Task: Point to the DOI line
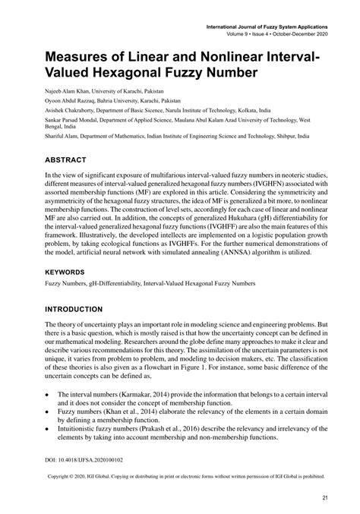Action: (85, 461)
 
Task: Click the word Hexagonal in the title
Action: (141, 74)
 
